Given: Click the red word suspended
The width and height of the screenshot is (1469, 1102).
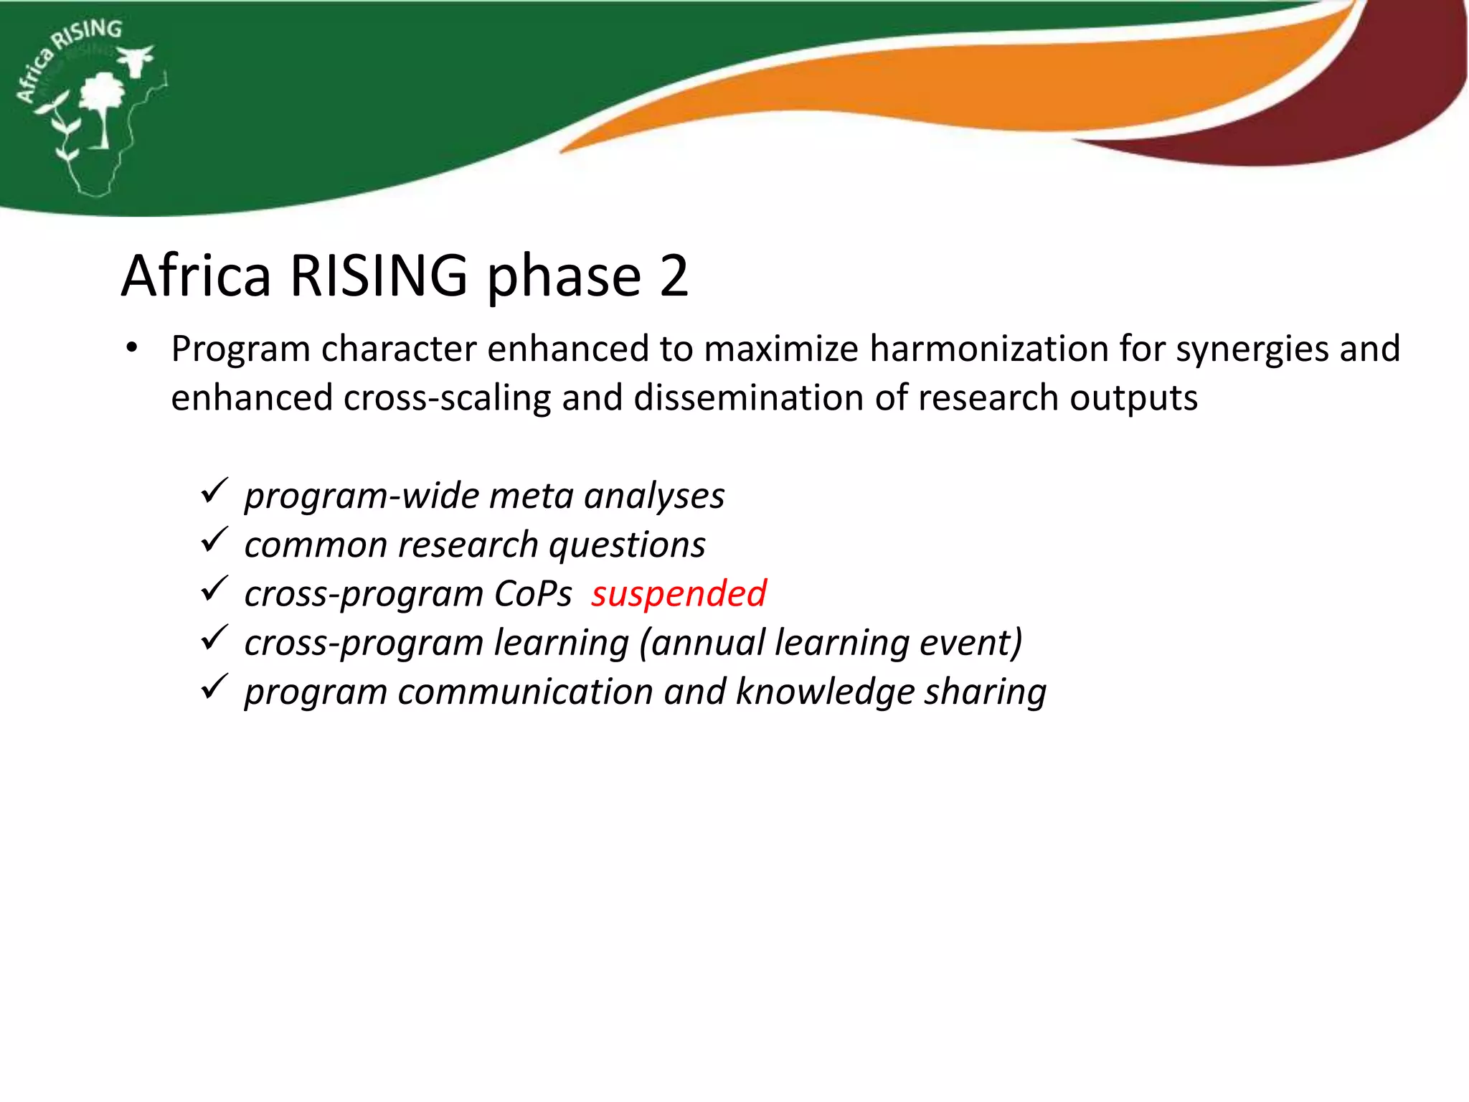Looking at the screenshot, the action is (x=679, y=594).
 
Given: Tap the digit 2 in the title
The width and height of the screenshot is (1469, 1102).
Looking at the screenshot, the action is (x=674, y=275).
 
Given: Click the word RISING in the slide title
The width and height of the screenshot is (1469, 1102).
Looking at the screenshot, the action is (x=379, y=275).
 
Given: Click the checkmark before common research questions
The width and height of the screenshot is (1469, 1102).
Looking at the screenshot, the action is (x=214, y=540).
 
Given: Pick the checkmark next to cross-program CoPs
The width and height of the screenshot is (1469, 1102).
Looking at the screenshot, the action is (x=214, y=589).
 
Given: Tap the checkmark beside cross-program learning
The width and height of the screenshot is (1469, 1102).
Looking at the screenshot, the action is (x=214, y=638).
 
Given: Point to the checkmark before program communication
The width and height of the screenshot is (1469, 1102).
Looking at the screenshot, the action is (x=214, y=687).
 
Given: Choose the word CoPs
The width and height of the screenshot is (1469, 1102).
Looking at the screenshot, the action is (x=533, y=594).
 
